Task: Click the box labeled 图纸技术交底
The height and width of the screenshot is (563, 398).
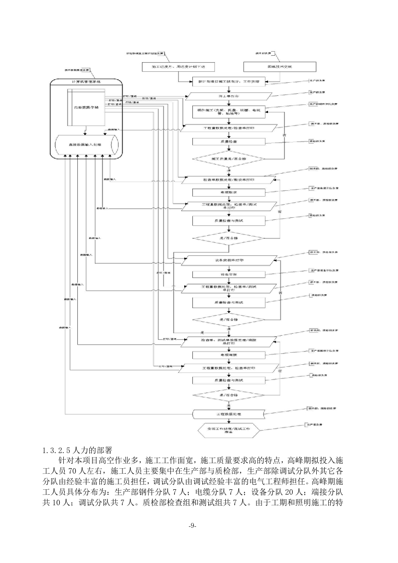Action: point(279,67)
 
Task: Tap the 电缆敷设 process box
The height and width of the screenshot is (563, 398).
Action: point(228,192)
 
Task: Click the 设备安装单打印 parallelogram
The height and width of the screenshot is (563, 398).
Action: point(228,261)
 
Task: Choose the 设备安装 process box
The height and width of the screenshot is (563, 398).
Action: point(228,274)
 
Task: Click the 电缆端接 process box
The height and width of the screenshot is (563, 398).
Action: point(228,355)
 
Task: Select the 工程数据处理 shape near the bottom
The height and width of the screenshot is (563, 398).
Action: point(228,414)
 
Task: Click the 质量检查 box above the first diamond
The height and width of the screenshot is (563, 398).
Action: point(228,142)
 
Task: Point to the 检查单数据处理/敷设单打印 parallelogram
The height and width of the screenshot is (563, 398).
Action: point(228,179)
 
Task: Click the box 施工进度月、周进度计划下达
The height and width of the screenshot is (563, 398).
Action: point(178,67)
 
